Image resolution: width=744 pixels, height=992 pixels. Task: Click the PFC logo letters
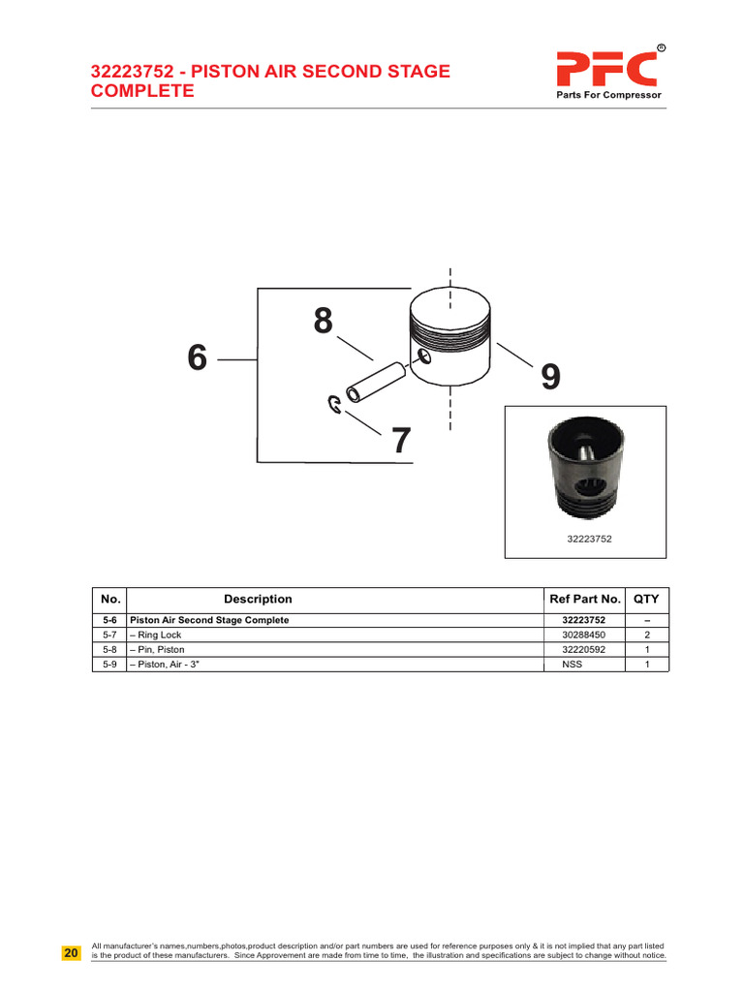607,69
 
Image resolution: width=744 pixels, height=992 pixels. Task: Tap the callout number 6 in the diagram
198,357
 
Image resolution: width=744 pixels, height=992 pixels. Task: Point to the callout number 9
550,377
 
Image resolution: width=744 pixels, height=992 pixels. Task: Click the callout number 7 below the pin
401,441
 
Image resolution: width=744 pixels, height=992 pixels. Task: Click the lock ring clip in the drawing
334,404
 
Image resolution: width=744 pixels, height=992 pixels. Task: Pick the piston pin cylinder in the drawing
376,382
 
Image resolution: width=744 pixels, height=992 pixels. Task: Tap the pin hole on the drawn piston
424,356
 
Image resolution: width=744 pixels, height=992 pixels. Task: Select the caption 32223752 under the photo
589,539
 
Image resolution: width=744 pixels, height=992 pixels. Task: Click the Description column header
258,599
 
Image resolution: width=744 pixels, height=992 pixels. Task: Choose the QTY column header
646,599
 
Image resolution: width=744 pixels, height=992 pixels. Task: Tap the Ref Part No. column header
584,599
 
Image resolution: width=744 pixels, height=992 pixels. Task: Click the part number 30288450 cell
583,635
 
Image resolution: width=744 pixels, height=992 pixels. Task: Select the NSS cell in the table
572,665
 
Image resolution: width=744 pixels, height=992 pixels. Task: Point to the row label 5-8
109,650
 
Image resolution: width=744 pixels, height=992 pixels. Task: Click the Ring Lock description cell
156,635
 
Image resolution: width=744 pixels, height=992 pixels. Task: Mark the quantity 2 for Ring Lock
646,635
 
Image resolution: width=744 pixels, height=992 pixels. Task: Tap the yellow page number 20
71,953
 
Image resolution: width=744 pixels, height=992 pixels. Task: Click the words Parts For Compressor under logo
608,95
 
